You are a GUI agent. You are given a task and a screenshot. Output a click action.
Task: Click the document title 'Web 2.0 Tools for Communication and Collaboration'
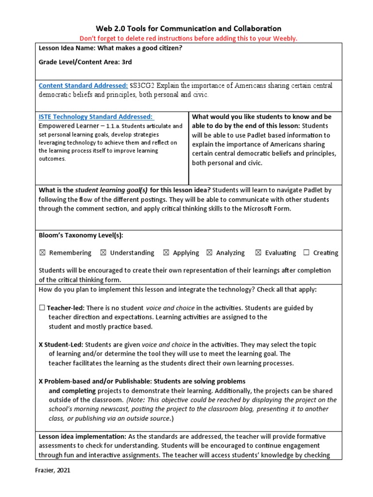(186, 29)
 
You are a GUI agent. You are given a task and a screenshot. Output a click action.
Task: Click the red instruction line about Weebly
(186, 38)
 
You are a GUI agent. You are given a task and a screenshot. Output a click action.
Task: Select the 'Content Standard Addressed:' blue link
(83, 85)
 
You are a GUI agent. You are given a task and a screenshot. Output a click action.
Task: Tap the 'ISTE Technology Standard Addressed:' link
(96, 116)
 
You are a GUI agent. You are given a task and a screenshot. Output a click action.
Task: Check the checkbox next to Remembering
(42, 253)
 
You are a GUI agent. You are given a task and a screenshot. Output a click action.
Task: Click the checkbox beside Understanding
(103, 253)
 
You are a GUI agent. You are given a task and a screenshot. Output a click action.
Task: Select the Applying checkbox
(166, 253)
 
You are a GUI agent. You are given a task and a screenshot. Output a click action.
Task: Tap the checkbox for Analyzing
(209, 253)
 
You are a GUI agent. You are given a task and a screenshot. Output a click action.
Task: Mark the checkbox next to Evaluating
(258, 253)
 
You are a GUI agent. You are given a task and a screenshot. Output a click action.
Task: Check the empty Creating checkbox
(306, 253)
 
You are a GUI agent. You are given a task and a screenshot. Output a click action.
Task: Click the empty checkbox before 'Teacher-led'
(42, 308)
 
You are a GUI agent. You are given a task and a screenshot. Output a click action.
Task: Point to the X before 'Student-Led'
(41, 345)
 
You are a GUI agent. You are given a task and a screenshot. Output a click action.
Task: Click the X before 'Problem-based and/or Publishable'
(41, 381)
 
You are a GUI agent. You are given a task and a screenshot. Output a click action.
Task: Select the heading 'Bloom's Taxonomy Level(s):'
(81, 235)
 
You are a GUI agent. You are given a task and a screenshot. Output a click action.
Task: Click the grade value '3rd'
(126, 62)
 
